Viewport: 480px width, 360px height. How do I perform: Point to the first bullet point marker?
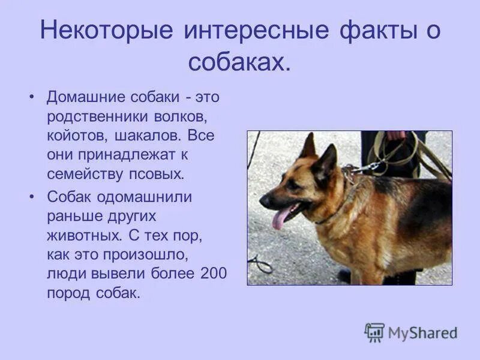coord(32,97)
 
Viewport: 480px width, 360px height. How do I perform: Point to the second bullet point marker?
coord(32,197)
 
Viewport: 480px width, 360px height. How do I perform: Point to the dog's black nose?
coord(264,202)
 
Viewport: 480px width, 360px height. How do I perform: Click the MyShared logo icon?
coord(374,332)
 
